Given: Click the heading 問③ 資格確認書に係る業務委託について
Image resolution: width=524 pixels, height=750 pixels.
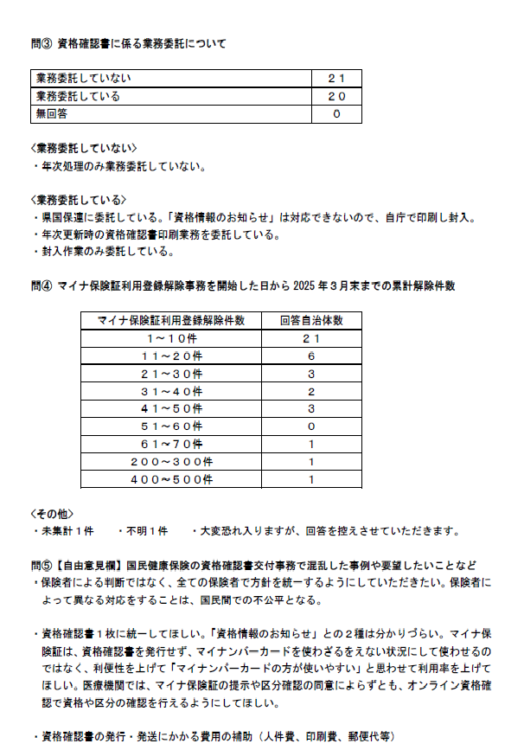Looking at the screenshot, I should (129, 43).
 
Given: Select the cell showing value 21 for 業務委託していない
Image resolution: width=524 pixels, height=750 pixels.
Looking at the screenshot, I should (335, 79).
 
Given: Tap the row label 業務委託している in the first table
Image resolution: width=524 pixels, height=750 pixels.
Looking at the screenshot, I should (78, 96).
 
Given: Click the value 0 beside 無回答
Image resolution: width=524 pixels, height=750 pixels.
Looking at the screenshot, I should (335, 113).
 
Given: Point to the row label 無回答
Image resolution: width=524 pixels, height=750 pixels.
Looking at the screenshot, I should (52, 113).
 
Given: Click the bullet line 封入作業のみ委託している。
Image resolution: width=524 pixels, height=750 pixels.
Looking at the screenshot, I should (105, 253).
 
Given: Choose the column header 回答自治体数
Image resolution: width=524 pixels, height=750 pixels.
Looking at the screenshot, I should (311, 321).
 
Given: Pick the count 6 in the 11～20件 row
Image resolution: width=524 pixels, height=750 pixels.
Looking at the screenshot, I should (311, 356).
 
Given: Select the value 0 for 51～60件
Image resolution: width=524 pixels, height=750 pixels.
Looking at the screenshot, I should (311, 426).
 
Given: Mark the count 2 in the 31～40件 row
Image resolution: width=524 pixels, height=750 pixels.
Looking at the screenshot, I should (311, 391).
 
